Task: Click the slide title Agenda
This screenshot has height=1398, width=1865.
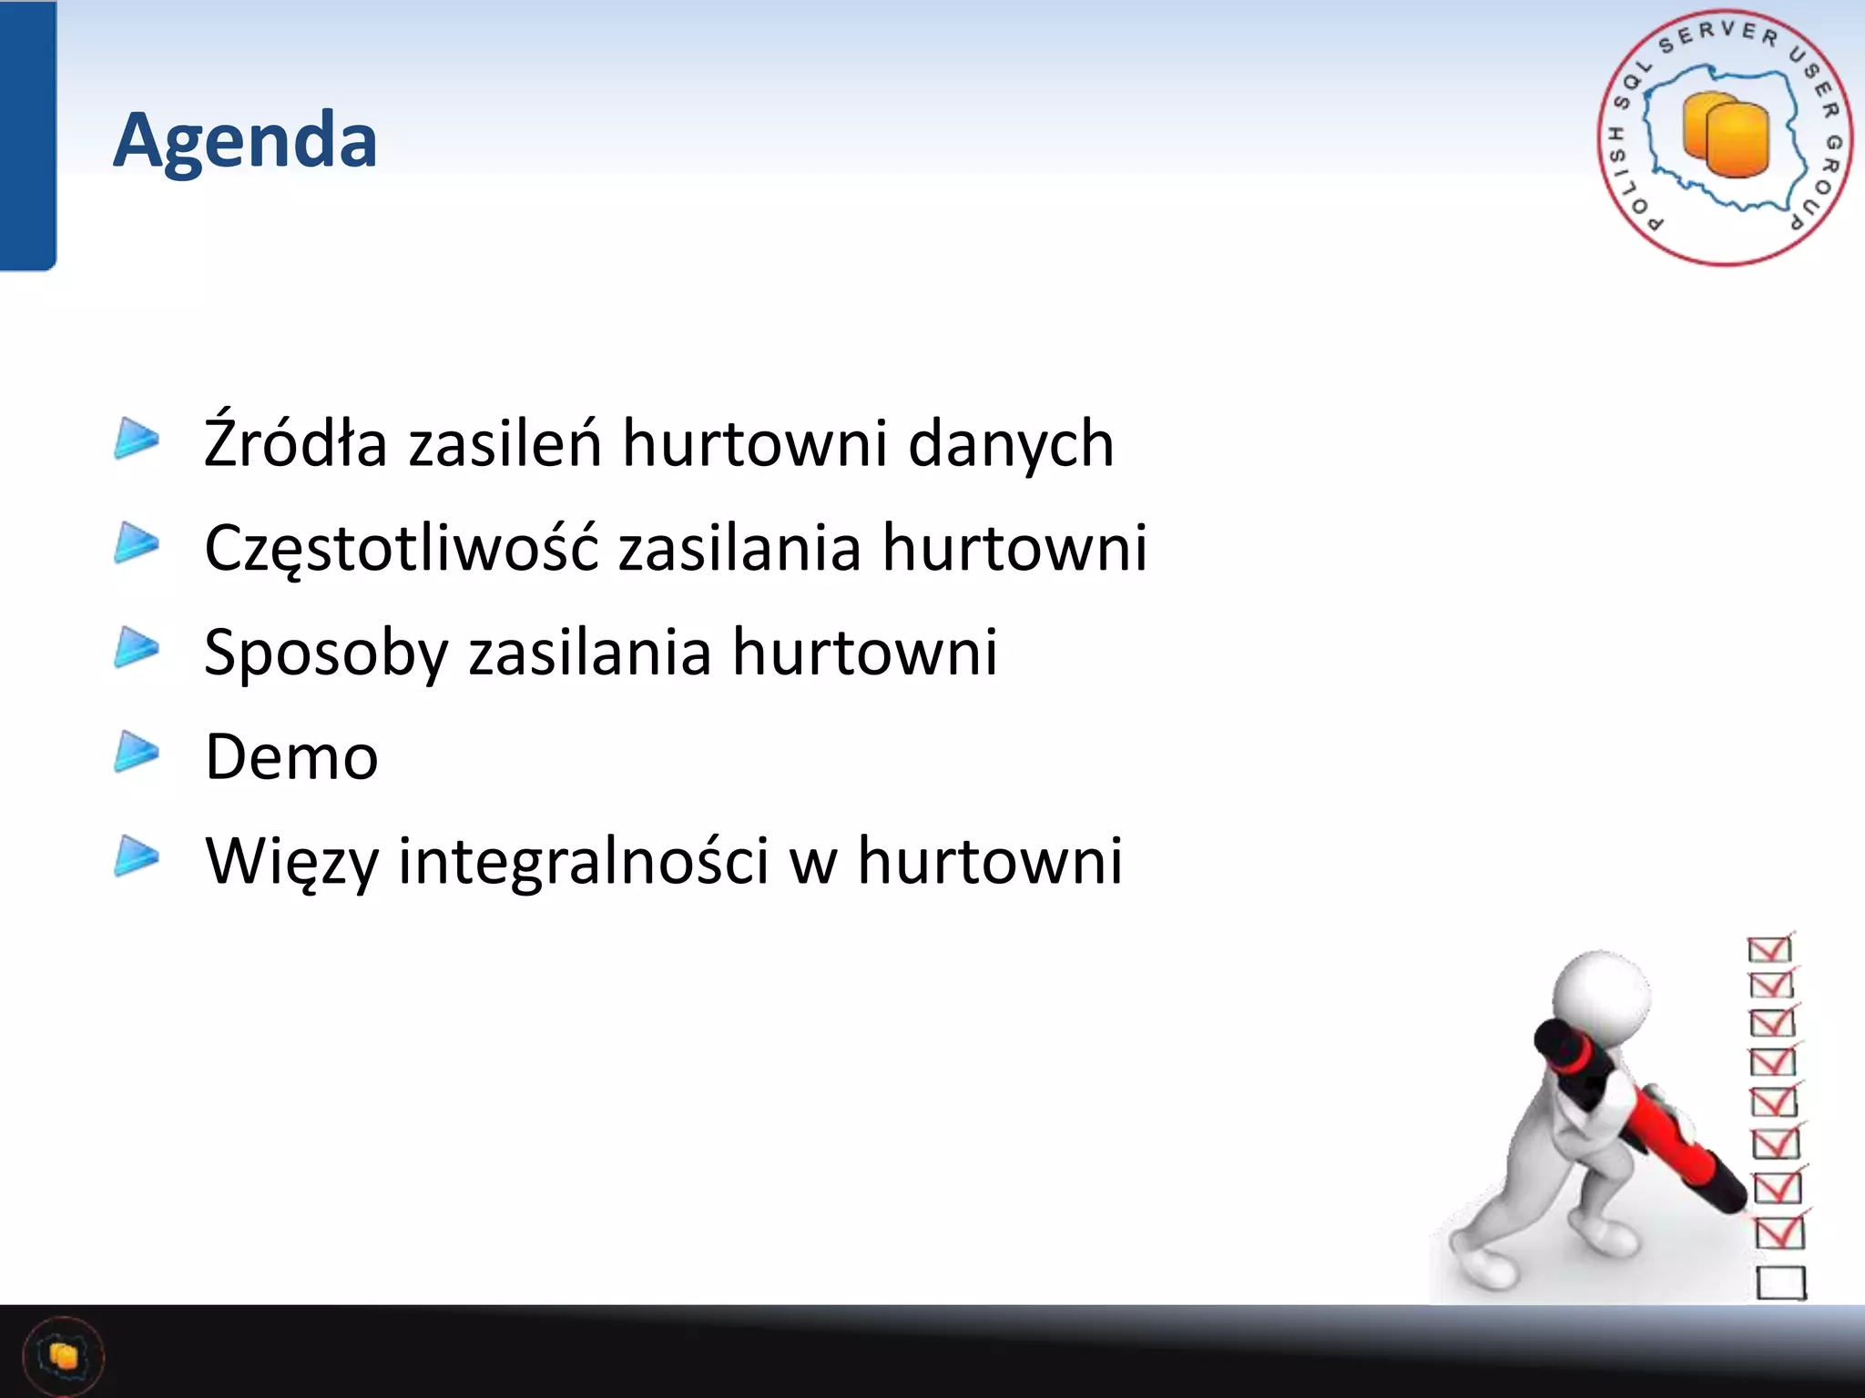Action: click(245, 139)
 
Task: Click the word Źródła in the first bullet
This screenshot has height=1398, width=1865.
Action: click(295, 443)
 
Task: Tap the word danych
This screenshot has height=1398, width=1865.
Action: click(1011, 443)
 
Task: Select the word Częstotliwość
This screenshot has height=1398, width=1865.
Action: click(401, 548)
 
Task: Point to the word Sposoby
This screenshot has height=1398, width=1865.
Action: click(326, 653)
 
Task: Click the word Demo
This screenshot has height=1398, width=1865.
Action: click(291, 757)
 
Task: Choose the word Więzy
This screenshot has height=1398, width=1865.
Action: click(291, 861)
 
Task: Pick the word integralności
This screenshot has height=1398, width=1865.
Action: click(584, 861)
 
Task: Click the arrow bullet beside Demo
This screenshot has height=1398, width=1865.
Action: click(137, 752)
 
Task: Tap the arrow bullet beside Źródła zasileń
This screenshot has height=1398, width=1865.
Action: click(137, 439)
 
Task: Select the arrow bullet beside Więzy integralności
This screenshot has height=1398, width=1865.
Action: click(137, 856)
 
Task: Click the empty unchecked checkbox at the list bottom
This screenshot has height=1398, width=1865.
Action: click(1780, 1282)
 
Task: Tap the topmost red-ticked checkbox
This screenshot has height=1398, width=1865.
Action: click(1769, 948)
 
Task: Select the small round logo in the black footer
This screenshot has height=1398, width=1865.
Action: click(63, 1356)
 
